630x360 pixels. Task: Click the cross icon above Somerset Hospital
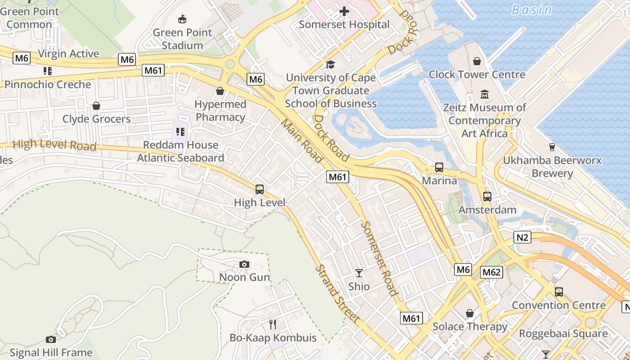(x=344, y=11)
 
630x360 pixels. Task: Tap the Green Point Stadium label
(x=182, y=39)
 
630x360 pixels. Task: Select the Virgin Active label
(x=68, y=54)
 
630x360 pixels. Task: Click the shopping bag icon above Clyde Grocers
(x=96, y=106)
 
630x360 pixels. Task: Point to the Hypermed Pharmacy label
(x=220, y=111)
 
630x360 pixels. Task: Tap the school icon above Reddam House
(x=180, y=132)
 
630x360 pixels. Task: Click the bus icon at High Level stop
(x=260, y=189)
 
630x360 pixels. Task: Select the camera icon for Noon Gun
(x=244, y=264)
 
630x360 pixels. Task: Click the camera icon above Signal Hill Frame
(x=51, y=339)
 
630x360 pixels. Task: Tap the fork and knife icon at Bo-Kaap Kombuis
(x=273, y=324)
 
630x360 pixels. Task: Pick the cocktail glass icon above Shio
(x=359, y=273)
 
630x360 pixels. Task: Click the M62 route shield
(x=491, y=272)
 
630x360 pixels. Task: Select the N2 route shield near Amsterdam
(x=522, y=237)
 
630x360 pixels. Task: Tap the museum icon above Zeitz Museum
(x=485, y=94)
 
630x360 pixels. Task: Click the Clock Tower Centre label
(x=477, y=74)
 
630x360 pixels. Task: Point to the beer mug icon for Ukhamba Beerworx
(x=552, y=147)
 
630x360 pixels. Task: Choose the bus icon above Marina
(x=439, y=167)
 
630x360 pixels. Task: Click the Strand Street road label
(x=337, y=294)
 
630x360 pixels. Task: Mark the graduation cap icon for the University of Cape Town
(x=331, y=65)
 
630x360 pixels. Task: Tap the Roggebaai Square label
(x=563, y=334)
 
